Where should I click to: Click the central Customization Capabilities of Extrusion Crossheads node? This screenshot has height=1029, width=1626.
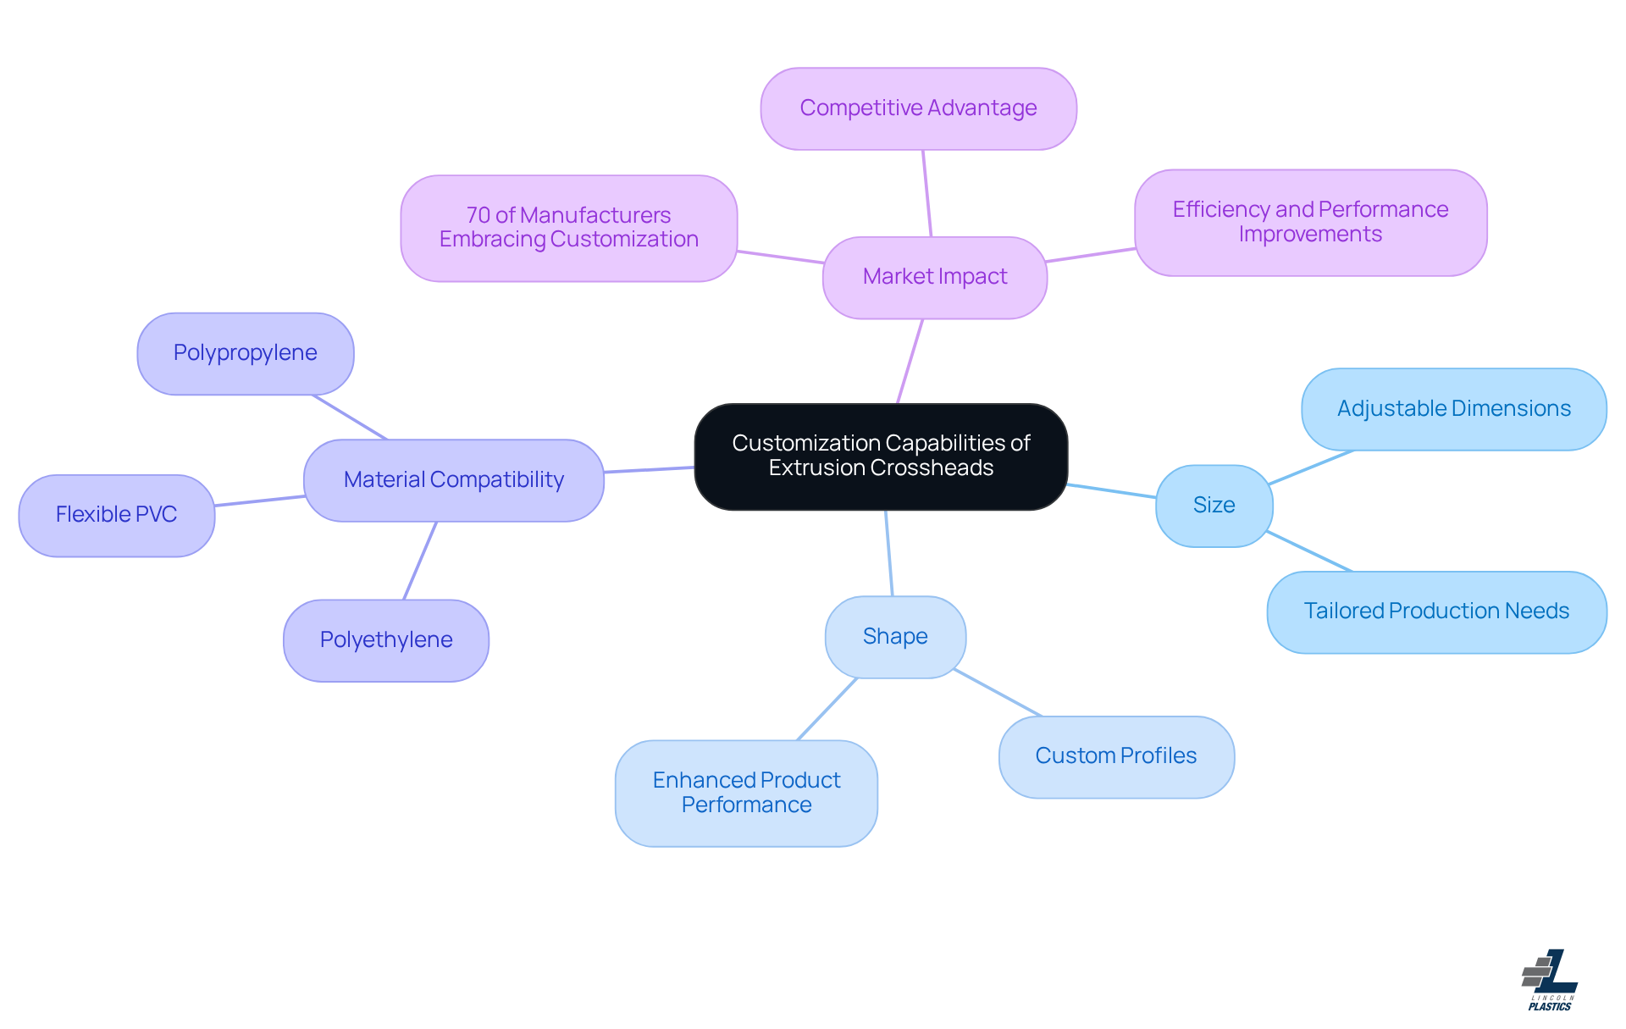point(881,456)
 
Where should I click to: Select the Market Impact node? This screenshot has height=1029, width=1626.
point(934,277)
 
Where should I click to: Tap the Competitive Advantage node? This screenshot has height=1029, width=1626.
point(918,108)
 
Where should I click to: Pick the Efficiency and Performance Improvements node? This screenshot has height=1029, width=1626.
point(1310,222)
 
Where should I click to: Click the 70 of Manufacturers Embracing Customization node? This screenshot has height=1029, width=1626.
point(568,228)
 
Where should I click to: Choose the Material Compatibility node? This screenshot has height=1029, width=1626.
point(453,479)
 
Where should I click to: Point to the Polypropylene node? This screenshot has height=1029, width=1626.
point(245,353)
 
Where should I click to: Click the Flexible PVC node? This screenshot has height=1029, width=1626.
point(116,515)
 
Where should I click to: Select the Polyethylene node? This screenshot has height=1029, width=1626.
point(385,640)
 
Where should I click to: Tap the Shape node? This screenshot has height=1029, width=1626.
point(895,637)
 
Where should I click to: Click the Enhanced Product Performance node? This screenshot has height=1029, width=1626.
point(746,793)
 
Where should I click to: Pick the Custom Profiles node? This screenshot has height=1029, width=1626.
point(1115,756)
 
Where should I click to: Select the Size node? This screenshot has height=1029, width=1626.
point(1214,506)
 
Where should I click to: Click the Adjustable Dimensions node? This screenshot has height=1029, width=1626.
point(1453,409)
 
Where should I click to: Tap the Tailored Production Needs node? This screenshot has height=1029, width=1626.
point(1436,611)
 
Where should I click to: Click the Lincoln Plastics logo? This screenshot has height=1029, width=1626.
point(1550,980)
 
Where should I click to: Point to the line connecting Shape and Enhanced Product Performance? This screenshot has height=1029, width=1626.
point(827,709)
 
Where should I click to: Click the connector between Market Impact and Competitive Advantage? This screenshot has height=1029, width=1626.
point(927,193)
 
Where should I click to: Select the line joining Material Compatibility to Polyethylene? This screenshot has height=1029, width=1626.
point(420,561)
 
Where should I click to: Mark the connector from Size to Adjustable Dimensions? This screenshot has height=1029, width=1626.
point(1311,467)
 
